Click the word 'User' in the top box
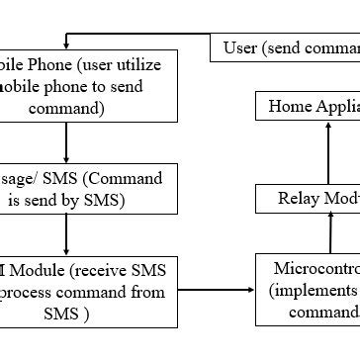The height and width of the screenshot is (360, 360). (240, 47)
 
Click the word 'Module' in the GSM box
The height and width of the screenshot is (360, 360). (38, 271)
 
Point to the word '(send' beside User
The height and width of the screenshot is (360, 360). (287, 47)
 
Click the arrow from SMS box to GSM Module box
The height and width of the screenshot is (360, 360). (66, 235)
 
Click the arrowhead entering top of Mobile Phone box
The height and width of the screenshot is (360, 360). (66, 45)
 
